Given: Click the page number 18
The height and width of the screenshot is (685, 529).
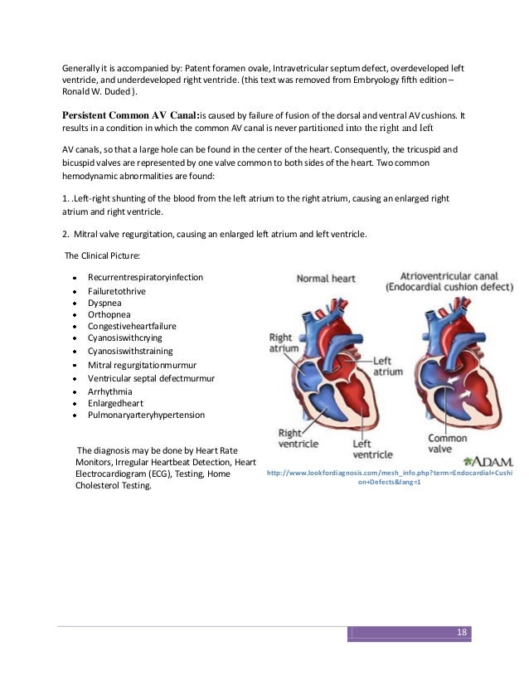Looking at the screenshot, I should (x=462, y=633).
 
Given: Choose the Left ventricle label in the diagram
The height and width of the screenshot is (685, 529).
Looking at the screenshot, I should (x=373, y=449).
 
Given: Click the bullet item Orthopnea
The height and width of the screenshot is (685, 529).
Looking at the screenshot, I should (x=108, y=315).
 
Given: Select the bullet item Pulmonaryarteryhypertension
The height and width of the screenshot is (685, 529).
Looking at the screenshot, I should (x=146, y=414).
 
